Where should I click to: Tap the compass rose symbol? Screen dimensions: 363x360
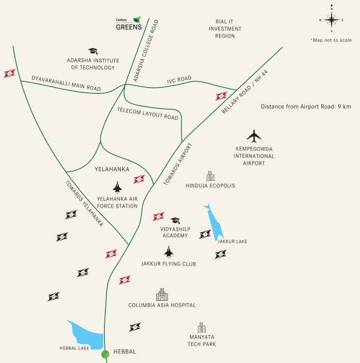[x=332, y=19]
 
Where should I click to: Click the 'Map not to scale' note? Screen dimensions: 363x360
[x=330, y=40]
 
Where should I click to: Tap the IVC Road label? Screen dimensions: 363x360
[x=179, y=79]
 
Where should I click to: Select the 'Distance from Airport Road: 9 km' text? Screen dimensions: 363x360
[x=306, y=106]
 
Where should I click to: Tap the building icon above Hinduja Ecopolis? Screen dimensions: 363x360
[x=210, y=175]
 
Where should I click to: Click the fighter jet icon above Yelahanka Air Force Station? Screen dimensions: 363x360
[x=117, y=187]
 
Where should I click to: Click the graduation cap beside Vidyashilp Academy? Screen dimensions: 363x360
[x=175, y=221]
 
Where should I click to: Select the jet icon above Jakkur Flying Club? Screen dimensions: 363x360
[x=168, y=251]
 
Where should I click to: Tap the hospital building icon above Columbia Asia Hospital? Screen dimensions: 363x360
[x=160, y=294]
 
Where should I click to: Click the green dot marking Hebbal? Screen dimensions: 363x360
[x=105, y=353]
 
